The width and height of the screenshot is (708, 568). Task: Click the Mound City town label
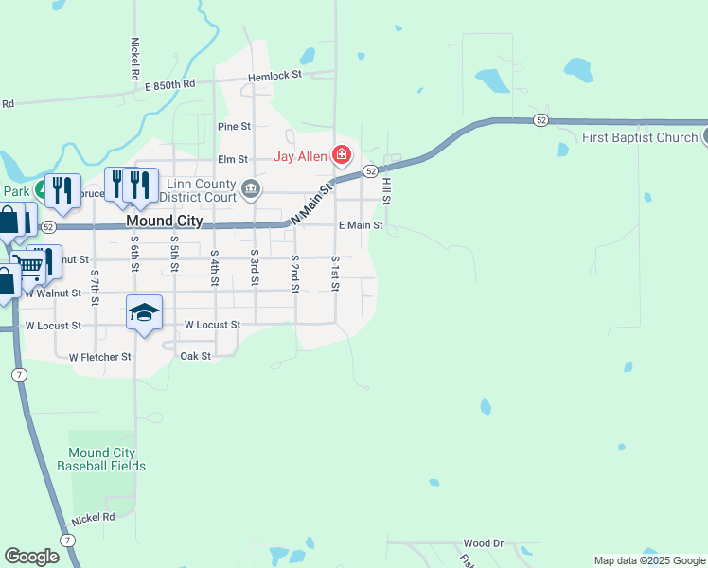pyautogui.click(x=164, y=221)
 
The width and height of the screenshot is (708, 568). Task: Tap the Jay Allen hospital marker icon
pyautogui.click(x=342, y=156)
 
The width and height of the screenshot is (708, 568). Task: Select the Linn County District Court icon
pyautogui.click(x=250, y=187)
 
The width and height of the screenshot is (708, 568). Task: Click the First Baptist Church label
pyautogui.click(x=640, y=137)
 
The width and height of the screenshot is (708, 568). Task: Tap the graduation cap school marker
pyautogui.click(x=144, y=312)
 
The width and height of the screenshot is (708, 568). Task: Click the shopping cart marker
pyautogui.click(x=30, y=267)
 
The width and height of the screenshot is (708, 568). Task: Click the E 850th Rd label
pyautogui.click(x=169, y=84)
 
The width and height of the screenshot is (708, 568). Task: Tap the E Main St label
pyautogui.click(x=361, y=225)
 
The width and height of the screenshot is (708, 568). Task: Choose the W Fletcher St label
pyautogui.click(x=100, y=357)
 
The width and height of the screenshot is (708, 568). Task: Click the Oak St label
pyautogui.click(x=195, y=356)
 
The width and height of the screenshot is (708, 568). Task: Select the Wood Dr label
pyautogui.click(x=483, y=543)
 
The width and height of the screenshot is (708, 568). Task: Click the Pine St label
pyautogui.click(x=234, y=126)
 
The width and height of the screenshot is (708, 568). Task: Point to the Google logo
pyautogui.click(x=32, y=557)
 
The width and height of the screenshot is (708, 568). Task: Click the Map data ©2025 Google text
pyautogui.click(x=649, y=561)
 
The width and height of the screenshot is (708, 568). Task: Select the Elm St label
pyautogui.click(x=232, y=160)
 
